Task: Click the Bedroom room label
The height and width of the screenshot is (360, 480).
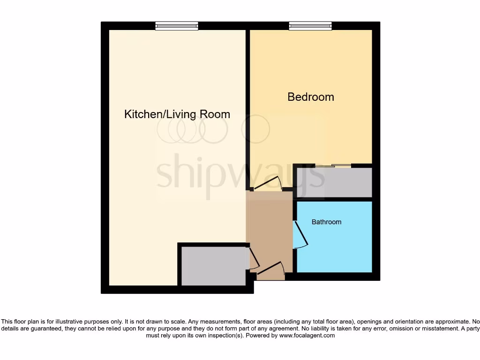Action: tap(311, 97)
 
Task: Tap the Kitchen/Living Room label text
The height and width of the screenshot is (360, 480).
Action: tap(177, 114)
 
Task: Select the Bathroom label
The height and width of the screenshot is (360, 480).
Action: tap(326, 222)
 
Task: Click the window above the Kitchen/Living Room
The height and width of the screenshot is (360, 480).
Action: tap(177, 26)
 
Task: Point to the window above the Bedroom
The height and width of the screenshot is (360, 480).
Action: tap(310, 26)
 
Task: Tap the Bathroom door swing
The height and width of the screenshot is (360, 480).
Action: tap(300, 234)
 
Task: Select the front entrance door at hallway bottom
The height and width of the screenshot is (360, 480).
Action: tap(271, 270)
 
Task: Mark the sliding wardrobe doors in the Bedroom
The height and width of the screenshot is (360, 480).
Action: tap(333, 165)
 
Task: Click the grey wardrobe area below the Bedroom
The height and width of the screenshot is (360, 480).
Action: tap(334, 182)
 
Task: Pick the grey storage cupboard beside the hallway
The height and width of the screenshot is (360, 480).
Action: tap(213, 266)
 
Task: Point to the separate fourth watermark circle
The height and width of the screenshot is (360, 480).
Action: tap(255, 129)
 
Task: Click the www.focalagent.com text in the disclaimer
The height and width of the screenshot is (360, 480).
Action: tap(307, 335)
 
